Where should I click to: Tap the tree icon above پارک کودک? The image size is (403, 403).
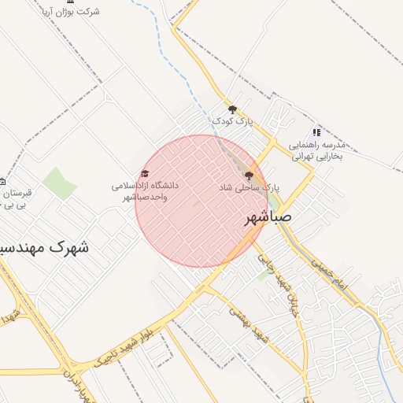click(x=231, y=109)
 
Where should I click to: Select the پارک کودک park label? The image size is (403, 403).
click(x=233, y=121)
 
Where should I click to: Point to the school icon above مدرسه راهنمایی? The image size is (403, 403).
click(x=316, y=132)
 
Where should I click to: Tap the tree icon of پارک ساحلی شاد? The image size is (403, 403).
click(x=250, y=176)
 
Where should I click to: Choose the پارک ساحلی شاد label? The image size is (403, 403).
click(x=249, y=188)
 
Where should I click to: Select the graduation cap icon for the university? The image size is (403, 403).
click(x=144, y=174)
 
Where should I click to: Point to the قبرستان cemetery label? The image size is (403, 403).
click(x=16, y=193)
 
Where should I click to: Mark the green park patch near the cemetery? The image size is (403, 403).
click(x=60, y=183)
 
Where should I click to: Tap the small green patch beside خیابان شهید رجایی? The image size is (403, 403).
click(x=263, y=275)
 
